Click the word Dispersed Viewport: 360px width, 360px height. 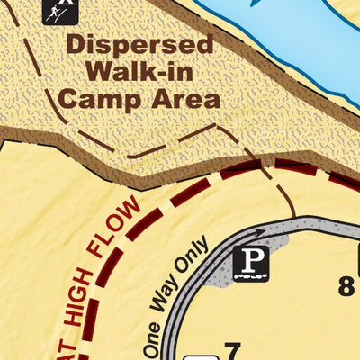click(139, 44)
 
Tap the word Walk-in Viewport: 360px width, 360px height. click(139, 71)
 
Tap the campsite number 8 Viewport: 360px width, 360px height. click(346, 286)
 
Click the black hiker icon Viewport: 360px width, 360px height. click(59, 11)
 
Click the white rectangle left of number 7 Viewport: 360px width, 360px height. click(200, 354)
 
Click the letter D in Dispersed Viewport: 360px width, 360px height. click(76, 44)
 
